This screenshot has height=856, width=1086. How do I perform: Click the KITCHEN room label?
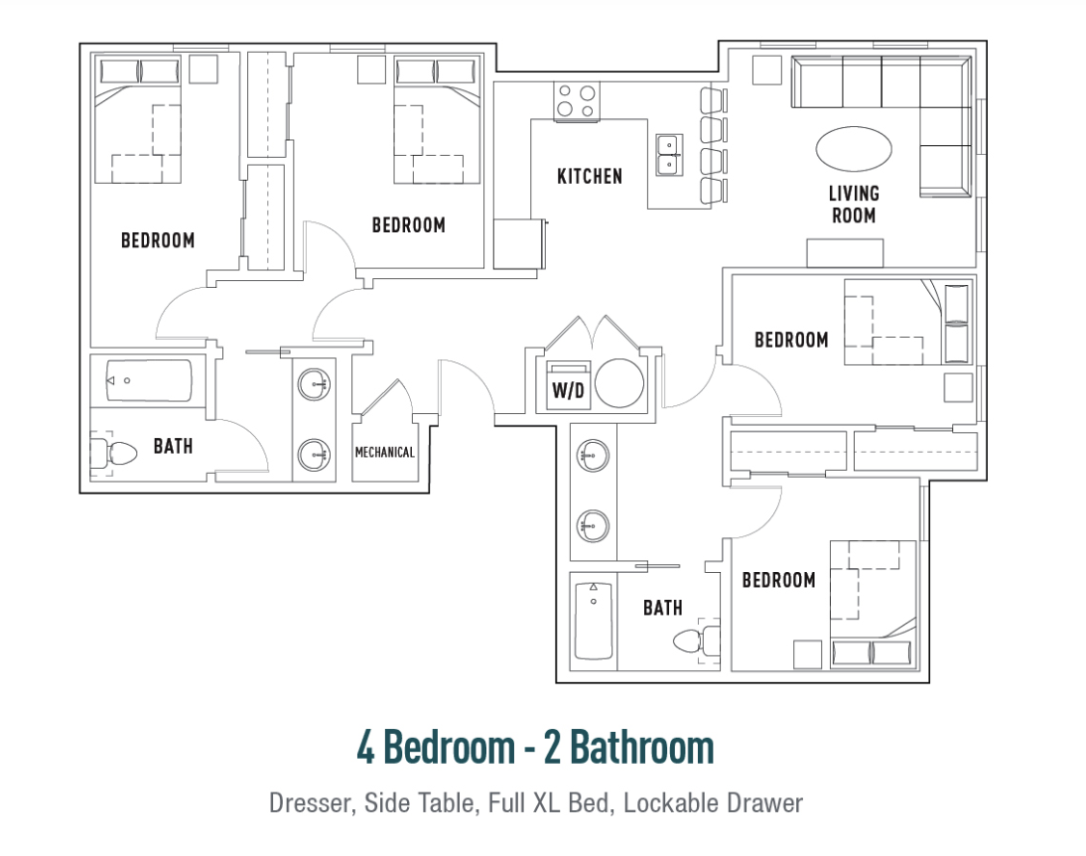pyautogui.click(x=590, y=177)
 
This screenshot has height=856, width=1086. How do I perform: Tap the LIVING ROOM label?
pyautogui.click(x=854, y=205)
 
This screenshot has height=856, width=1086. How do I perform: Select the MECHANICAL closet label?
pyautogui.click(x=384, y=453)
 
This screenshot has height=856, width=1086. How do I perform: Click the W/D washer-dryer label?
pyautogui.click(x=568, y=391)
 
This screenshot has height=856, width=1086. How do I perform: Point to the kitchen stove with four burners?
pyautogui.click(x=576, y=101)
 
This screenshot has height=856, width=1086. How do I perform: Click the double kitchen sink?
pyautogui.click(x=669, y=155)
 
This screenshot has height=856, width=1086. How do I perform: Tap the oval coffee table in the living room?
pyautogui.click(x=854, y=148)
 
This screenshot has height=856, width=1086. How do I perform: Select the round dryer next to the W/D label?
pyautogui.click(x=619, y=382)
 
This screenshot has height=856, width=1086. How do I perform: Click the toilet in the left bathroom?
pyautogui.click(x=114, y=454)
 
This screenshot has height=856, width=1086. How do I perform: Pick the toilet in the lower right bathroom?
pyautogui.click(x=696, y=642)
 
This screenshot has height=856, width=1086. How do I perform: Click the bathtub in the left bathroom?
pyautogui.click(x=149, y=380)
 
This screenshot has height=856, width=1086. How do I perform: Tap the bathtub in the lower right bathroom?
pyautogui.click(x=594, y=621)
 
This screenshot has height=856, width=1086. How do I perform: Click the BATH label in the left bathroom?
pyautogui.click(x=173, y=446)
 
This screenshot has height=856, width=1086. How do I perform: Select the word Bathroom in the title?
pyautogui.click(x=642, y=747)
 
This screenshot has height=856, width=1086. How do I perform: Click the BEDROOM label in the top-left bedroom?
pyautogui.click(x=158, y=240)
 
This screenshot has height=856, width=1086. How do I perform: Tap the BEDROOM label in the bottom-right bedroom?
pyautogui.click(x=778, y=580)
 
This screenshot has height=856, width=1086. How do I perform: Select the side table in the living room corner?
pyautogui.click(x=767, y=70)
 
